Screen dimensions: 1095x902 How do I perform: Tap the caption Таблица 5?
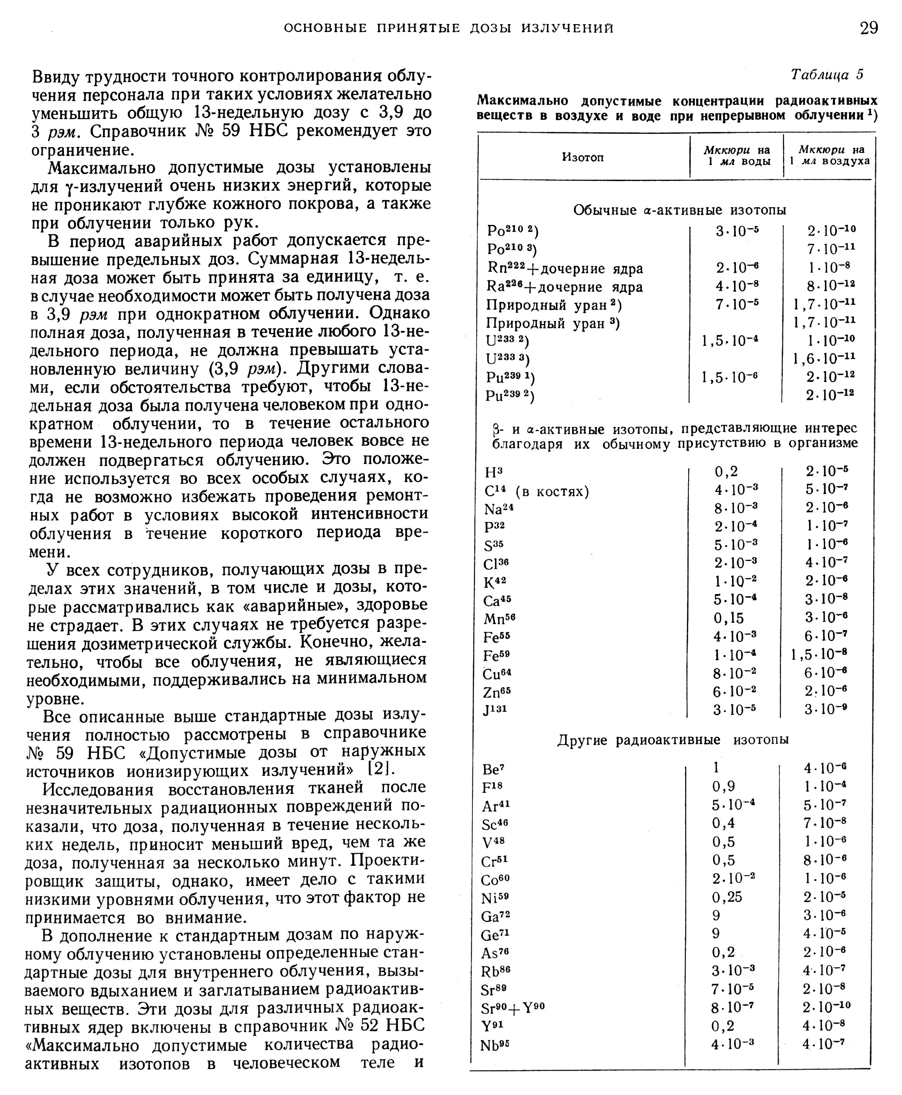(x=827, y=75)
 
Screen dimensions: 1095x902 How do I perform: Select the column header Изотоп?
(x=583, y=158)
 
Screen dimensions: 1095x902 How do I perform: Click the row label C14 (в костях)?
(x=537, y=491)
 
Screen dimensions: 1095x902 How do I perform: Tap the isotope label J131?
(x=495, y=709)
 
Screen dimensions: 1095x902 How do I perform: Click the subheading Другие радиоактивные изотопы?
(x=673, y=739)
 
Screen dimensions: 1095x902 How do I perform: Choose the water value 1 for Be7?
(x=716, y=768)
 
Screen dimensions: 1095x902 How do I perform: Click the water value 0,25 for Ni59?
(x=727, y=897)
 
